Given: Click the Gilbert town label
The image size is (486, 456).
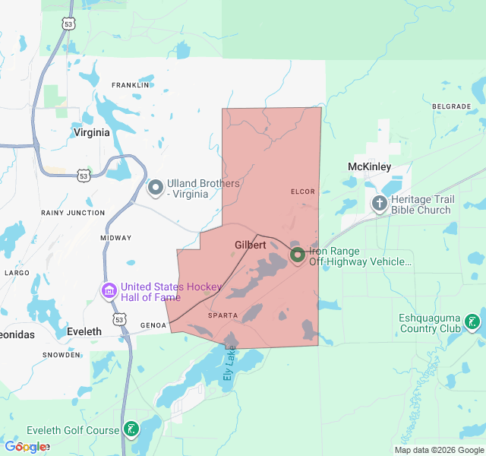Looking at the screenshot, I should [251, 245].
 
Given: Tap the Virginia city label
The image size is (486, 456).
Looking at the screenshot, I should [91, 132].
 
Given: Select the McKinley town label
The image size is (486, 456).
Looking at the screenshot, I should [369, 166].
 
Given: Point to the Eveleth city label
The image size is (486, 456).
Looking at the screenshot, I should [84, 332].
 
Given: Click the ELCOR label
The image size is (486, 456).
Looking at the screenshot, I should [302, 192].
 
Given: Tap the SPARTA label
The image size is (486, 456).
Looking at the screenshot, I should [222, 315].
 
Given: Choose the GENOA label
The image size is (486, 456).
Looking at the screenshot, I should [153, 325].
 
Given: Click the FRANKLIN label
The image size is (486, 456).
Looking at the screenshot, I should [130, 85].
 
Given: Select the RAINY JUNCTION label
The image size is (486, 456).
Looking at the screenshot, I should [73, 213].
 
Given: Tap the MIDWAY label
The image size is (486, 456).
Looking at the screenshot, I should [116, 238].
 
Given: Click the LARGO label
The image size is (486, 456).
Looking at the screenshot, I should [17, 272].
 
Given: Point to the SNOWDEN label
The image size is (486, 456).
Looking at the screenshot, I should [61, 355].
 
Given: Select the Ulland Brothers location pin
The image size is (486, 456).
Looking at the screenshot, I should [156, 187].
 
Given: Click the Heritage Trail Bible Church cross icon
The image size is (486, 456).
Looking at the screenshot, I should [379, 204].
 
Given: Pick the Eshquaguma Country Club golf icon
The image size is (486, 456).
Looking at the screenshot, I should [472, 322].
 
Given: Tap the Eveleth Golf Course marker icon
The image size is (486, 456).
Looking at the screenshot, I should [131, 430].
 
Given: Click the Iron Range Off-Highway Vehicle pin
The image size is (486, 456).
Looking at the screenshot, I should [297, 255].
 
